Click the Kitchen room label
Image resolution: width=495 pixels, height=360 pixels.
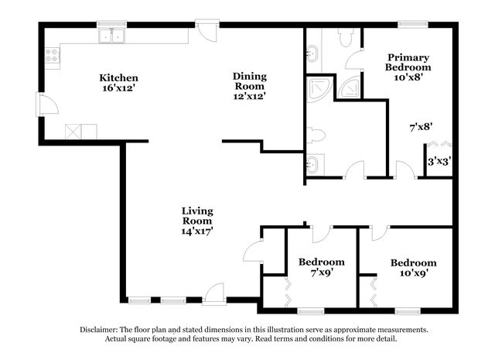[x=118, y=77]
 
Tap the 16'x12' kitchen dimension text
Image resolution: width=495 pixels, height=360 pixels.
[x=118, y=87]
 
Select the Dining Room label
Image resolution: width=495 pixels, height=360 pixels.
[x=249, y=81]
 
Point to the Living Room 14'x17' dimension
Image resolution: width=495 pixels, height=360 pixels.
[x=197, y=231]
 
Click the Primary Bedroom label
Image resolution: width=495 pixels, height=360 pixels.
[x=408, y=62]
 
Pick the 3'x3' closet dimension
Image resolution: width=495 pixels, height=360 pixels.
[x=439, y=162]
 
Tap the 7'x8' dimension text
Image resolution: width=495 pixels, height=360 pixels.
[x=421, y=127]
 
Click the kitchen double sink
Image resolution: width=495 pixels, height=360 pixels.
[x=111, y=36]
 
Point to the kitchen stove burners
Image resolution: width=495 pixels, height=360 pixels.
[x=52, y=55]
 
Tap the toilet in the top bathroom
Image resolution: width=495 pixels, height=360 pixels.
[x=345, y=38]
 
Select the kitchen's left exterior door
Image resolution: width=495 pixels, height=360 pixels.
[x=47, y=104]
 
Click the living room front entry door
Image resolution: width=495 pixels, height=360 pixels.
[x=214, y=294]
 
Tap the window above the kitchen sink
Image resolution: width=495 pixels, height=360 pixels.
[x=111, y=24]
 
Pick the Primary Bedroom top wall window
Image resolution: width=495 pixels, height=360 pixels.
[x=413, y=24]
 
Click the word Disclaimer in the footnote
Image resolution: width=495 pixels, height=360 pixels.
[x=99, y=330]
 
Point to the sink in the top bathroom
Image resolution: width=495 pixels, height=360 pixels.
[x=312, y=53]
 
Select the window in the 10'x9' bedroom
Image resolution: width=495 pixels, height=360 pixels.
[x=408, y=312]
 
